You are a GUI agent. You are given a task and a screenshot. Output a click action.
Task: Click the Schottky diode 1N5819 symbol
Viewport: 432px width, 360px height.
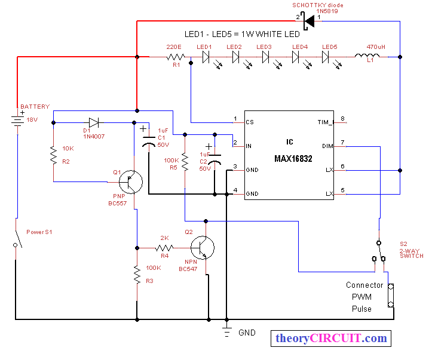point(309,21)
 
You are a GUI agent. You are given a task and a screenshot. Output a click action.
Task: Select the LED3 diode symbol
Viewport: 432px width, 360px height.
point(265,57)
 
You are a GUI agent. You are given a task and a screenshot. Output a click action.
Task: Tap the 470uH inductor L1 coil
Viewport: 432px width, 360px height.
point(367,56)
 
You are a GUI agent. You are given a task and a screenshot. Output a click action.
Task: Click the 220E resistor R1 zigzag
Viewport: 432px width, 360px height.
point(176,57)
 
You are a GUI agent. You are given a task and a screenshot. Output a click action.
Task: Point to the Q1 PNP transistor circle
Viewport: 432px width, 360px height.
point(131,182)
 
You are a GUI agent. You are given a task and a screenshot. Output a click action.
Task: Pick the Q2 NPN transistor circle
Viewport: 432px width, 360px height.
point(203,248)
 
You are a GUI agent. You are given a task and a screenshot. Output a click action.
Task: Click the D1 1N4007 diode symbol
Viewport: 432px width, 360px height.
point(94,122)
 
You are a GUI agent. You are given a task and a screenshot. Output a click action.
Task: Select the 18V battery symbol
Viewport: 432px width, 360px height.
point(17,121)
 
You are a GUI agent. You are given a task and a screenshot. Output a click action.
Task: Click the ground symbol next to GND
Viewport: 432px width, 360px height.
point(226,332)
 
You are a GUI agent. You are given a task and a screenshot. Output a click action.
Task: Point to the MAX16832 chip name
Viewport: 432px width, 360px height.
point(293,159)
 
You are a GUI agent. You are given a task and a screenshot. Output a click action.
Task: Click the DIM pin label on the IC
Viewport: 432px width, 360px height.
point(327,146)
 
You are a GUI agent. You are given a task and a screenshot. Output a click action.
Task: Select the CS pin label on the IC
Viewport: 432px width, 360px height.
point(250,122)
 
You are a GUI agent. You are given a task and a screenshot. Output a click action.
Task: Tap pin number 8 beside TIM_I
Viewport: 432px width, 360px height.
point(342,119)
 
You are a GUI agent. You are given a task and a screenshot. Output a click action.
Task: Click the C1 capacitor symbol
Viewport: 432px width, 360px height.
point(149,141)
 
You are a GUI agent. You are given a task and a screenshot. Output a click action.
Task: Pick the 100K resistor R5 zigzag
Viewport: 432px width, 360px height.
point(185,162)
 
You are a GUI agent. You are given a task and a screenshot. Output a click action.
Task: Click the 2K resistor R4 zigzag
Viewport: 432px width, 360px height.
point(164,248)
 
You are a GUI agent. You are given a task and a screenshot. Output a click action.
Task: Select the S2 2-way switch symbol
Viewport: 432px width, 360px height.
point(379,252)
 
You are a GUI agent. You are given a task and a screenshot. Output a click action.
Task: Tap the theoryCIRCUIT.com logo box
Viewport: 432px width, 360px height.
point(331,339)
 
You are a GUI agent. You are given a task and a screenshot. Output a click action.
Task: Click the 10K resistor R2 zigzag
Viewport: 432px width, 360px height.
point(53,155)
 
